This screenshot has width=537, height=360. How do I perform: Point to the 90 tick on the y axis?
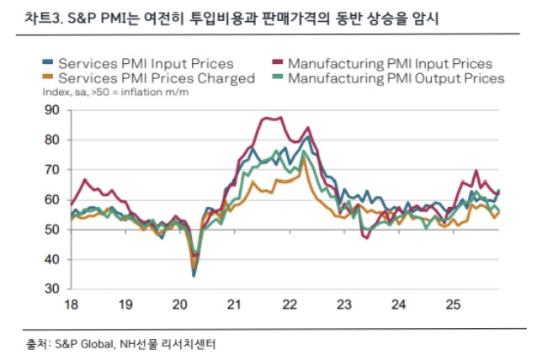(52, 110)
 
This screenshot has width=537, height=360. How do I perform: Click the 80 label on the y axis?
(52, 140)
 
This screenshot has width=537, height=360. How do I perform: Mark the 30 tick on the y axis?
(52, 289)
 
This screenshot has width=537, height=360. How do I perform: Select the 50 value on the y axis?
(52, 230)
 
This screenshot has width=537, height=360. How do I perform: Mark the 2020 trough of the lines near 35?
(194, 274)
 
